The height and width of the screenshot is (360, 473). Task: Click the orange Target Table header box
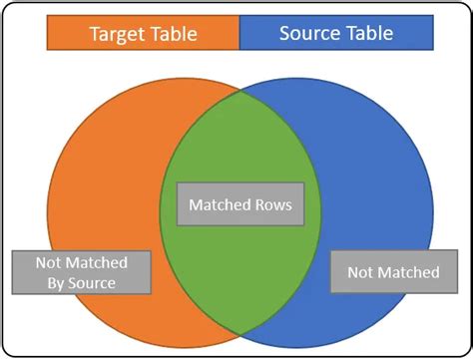pyautogui.click(x=143, y=34)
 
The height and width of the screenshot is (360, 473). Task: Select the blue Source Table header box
pyautogui.click(x=335, y=34)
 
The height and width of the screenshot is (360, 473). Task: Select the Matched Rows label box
pyautogui.click(x=239, y=205)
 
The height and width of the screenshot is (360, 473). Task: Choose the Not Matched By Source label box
pyautogui.click(x=82, y=272)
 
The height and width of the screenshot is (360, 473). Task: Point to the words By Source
pyautogui.click(x=82, y=283)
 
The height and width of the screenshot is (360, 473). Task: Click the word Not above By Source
pyautogui.click(x=50, y=262)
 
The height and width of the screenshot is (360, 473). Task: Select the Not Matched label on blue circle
pyautogui.click(x=392, y=272)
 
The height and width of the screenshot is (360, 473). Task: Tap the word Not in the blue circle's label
pyautogui.click(x=360, y=272)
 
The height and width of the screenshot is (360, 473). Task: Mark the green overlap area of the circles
pyautogui.click(x=239, y=150)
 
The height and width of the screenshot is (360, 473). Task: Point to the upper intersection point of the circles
pyautogui.click(x=239, y=91)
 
